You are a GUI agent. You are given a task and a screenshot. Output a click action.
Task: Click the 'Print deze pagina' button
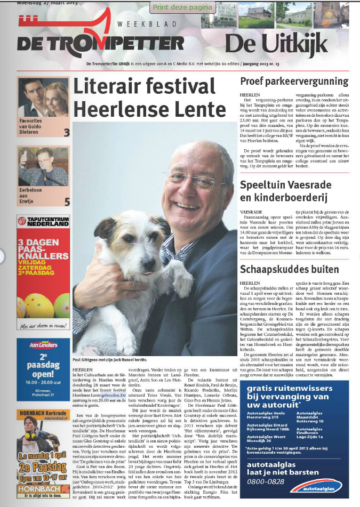coord(182,7)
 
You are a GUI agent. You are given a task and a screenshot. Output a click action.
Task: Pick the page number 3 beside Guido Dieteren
coord(67,133)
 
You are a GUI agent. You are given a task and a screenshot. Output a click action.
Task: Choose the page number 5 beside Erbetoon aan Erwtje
coord(67,202)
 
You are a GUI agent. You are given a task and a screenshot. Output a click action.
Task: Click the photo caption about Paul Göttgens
coord(111,360)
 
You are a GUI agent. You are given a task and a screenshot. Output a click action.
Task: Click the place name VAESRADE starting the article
coord(250,212)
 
